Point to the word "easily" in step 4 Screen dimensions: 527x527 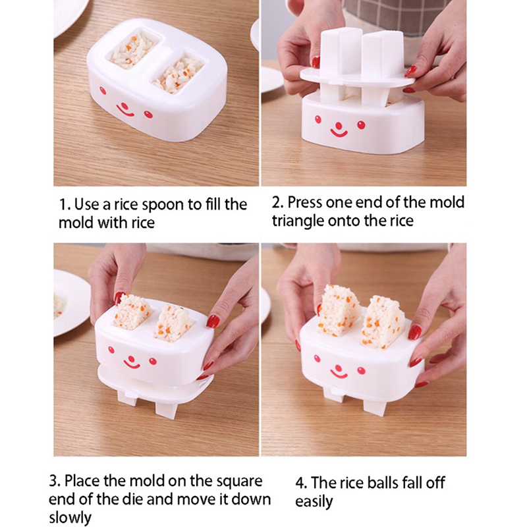point(314,501)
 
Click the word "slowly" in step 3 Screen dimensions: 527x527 point(70,517)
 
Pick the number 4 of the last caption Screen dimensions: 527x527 point(300,484)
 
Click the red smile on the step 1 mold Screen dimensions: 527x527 point(125,111)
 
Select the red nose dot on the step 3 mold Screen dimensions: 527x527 point(131,358)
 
